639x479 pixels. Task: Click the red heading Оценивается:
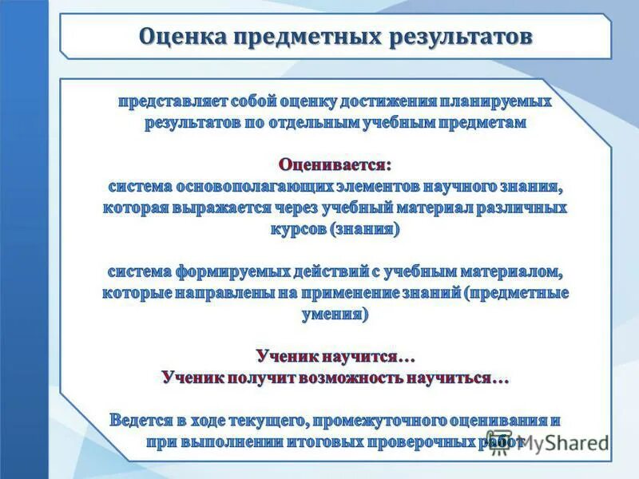[335, 164]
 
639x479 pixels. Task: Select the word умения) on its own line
[335, 314]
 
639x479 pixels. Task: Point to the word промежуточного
[373, 419]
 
